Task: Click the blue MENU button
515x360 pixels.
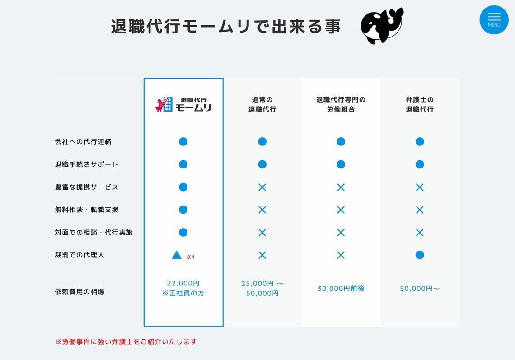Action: [x=494, y=20]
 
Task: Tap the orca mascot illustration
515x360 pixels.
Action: [x=381, y=26]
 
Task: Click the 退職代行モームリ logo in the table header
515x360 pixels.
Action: [x=183, y=104]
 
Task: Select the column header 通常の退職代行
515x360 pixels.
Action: [x=262, y=104]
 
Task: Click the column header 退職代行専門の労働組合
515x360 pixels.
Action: [x=341, y=104]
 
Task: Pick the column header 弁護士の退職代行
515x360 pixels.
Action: [x=420, y=104]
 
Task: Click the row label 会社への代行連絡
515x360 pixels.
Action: [x=83, y=142]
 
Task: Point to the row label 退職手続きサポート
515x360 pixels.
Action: [x=87, y=164]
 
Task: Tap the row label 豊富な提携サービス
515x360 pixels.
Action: [x=87, y=187]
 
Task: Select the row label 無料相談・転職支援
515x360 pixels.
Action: [x=87, y=210]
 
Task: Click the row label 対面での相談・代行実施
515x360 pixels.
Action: [x=94, y=233]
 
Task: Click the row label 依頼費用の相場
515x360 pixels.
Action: [x=80, y=292]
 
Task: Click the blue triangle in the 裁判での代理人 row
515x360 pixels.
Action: [x=177, y=255]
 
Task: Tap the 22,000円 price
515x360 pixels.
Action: [x=183, y=283]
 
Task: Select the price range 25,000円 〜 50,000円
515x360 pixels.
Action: [x=262, y=289]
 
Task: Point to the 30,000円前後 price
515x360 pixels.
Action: [x=341, y=289]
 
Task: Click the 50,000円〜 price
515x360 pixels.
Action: [x=420, y=289]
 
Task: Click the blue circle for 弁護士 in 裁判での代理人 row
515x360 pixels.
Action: [x=420, y=255]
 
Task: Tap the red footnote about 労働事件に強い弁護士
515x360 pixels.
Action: [x=126, y=342]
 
